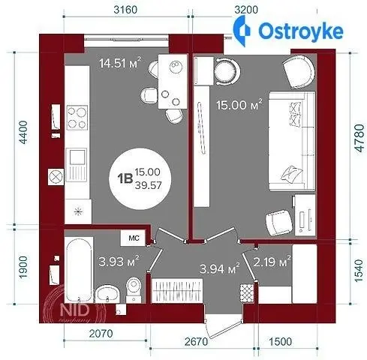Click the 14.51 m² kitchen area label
point(120,63)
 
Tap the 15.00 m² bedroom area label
point(239,104)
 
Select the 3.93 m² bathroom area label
point(119,262)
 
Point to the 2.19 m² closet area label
point(272,262)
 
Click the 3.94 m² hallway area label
point(220,268)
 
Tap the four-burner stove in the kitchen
point(77,118)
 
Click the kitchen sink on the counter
point(77,164)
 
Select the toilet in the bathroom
point(134,290)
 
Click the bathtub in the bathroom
point(79,270)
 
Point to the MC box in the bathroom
point(134,238)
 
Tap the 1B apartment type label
point(125,178)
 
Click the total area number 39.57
point(148,185)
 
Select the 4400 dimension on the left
point(24,132)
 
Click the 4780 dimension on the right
point(359,138)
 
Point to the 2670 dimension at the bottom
point(197,341)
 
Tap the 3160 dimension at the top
point(125,10)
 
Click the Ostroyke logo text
point(300,31)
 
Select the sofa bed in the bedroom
point(292,141)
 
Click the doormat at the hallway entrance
point(247,293)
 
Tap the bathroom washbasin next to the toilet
point(107,295)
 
